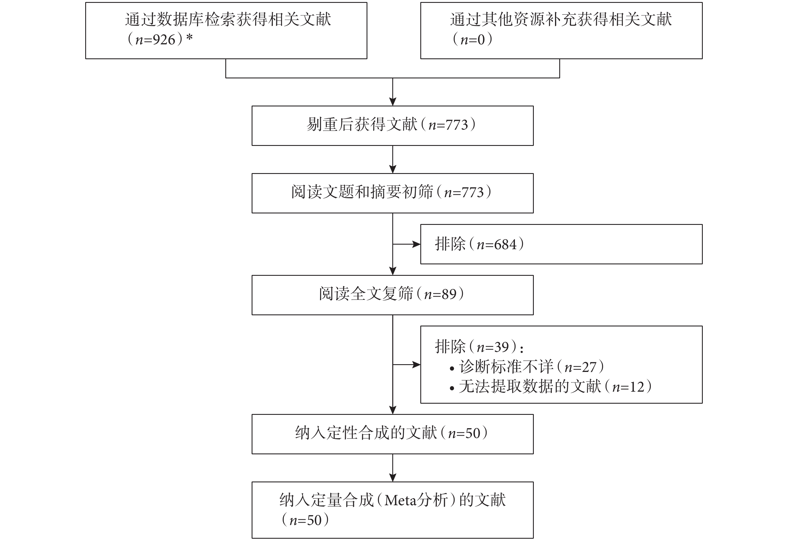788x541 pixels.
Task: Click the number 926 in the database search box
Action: pos(164,40)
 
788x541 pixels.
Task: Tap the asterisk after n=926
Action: pos(190,37)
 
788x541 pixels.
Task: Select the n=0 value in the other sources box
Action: pos(473,40)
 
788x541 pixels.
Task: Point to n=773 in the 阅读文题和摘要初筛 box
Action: pos(464,193)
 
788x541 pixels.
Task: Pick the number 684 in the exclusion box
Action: pos(505,245)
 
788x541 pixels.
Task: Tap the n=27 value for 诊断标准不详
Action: pos(580,367)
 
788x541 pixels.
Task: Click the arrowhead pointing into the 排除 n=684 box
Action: pos(416,244)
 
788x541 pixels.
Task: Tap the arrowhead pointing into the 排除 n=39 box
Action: pos(416,364)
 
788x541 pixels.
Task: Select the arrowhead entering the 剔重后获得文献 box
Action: pos(393,102)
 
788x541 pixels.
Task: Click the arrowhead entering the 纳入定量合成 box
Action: pos(393,477)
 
